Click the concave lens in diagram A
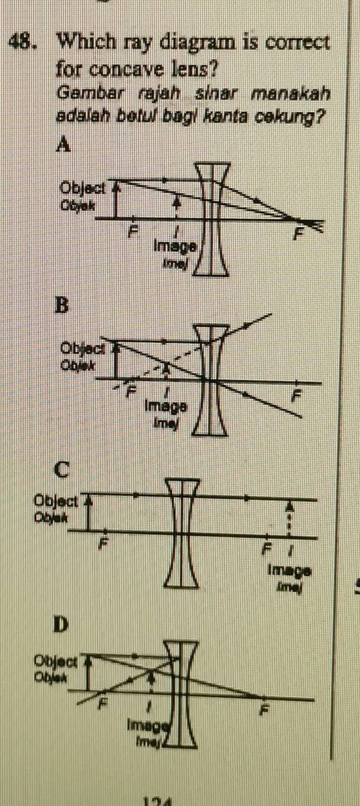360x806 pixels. pos(212,219)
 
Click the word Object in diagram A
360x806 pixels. pos(83,189)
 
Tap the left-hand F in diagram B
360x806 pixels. pos(132,390)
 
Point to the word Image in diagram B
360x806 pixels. pos(166,406)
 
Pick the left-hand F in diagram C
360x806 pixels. pos(105,542)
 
